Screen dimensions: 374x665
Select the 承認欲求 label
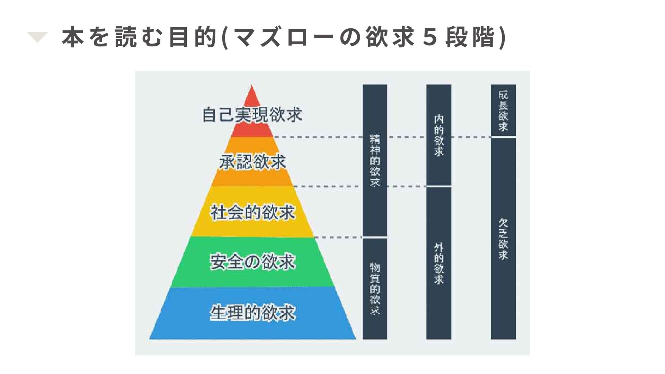[x=252, y=162]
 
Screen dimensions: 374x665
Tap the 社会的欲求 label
[x=252, y=212]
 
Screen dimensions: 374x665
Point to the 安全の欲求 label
[x=252, y=262]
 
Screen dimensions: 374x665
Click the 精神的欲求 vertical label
[x=375, y=161]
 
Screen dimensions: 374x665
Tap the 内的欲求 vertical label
[x=439, y=135]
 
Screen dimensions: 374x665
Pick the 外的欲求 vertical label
[x=439, y=264]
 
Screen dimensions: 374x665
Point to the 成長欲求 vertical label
[x=503, y=110]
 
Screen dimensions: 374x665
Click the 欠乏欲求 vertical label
[x=503, y=239]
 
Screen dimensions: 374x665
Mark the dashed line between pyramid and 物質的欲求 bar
[x=338, y=238]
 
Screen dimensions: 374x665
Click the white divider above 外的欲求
[x=439, y=186]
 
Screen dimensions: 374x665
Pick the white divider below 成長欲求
[x=503, y=137]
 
